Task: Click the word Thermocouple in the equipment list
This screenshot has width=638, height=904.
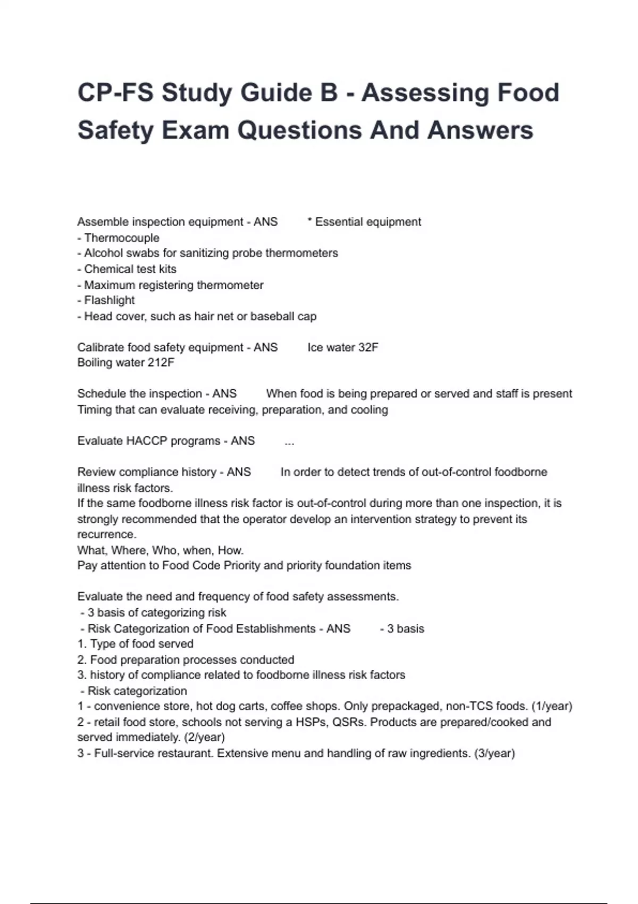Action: (122, 238)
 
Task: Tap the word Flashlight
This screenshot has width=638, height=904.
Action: (109, 300)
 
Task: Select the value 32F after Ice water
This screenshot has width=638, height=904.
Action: (368, 347)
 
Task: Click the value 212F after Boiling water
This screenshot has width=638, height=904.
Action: (162, 363)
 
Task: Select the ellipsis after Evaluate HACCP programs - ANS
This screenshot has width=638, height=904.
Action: (289, 442)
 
